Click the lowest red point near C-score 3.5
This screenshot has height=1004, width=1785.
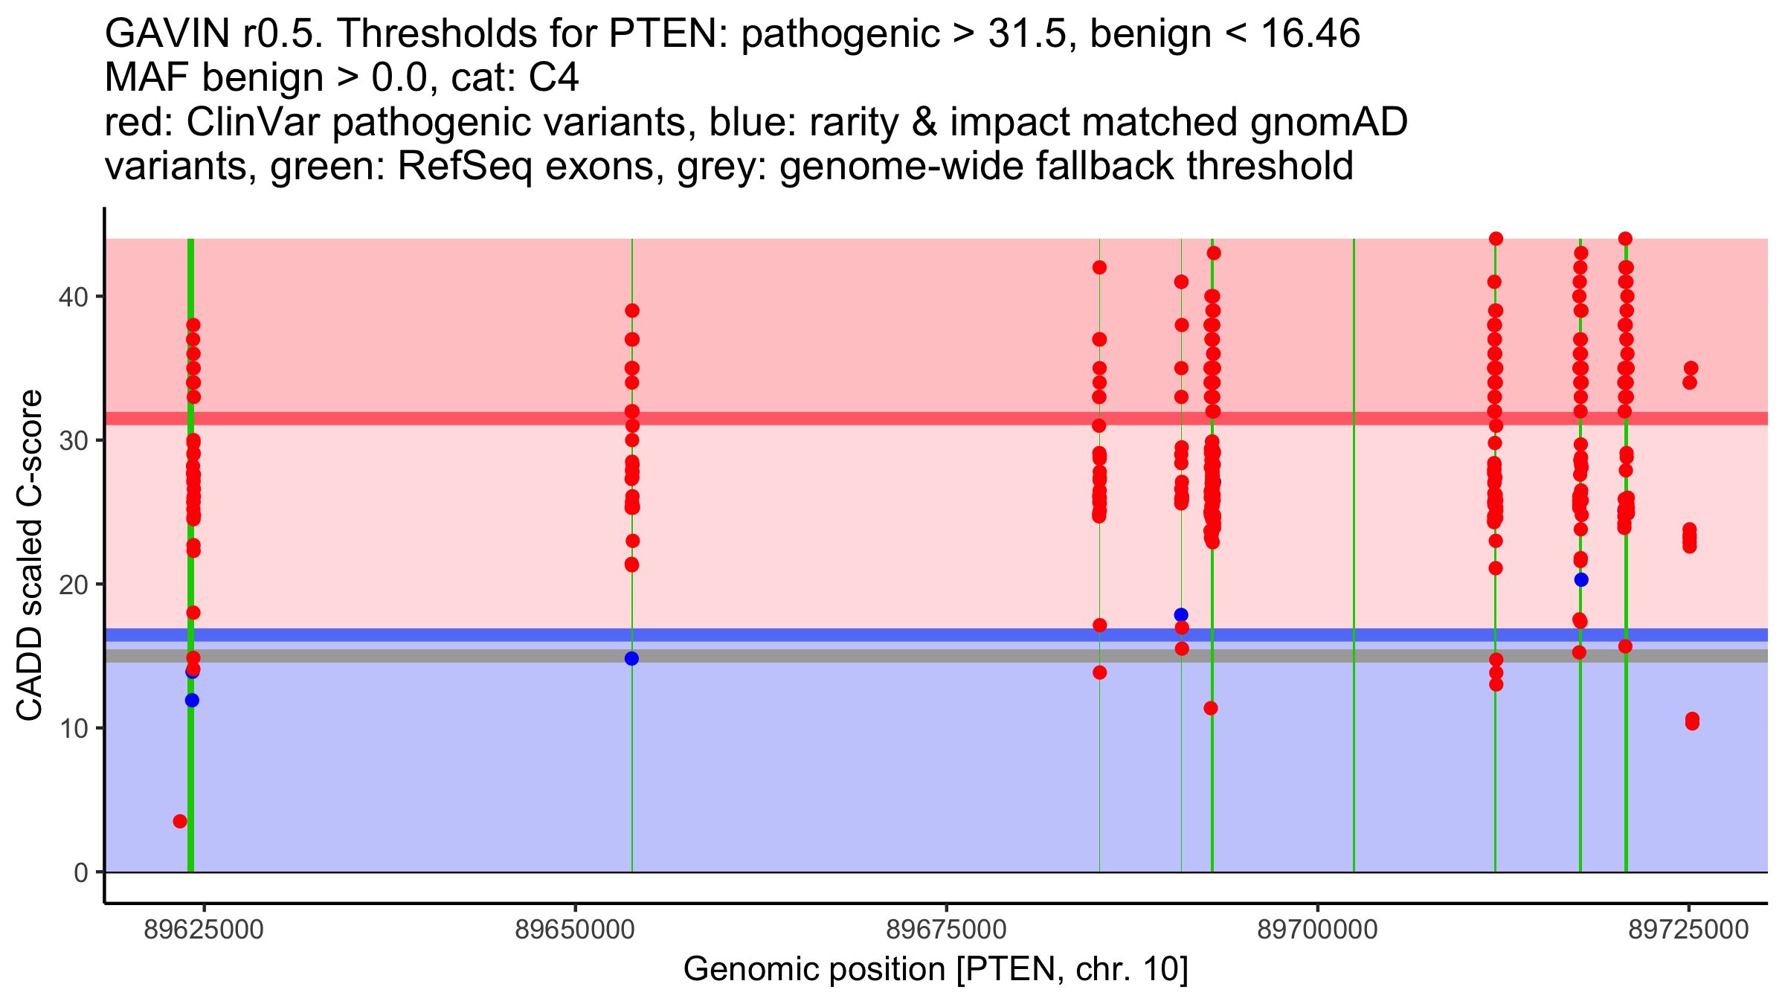[180, 821]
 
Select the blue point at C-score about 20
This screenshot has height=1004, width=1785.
[1581, 579]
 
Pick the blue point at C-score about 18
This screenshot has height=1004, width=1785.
[1181, 615]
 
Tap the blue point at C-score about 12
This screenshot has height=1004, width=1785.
[192, 700]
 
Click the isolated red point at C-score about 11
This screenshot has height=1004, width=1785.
[1211, 708]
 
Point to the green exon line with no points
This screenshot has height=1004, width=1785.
[1354, 555]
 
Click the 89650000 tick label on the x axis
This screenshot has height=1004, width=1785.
[575, 930]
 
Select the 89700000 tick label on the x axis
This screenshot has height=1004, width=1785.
[1318, 930]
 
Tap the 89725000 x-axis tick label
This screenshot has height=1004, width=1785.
[1689, 930]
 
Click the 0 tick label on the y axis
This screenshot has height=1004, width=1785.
[81, 872]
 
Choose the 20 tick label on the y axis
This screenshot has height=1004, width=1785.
[74, 585]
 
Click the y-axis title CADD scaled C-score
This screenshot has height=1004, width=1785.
[30, 555]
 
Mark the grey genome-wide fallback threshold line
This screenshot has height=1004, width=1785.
[936, 656]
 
